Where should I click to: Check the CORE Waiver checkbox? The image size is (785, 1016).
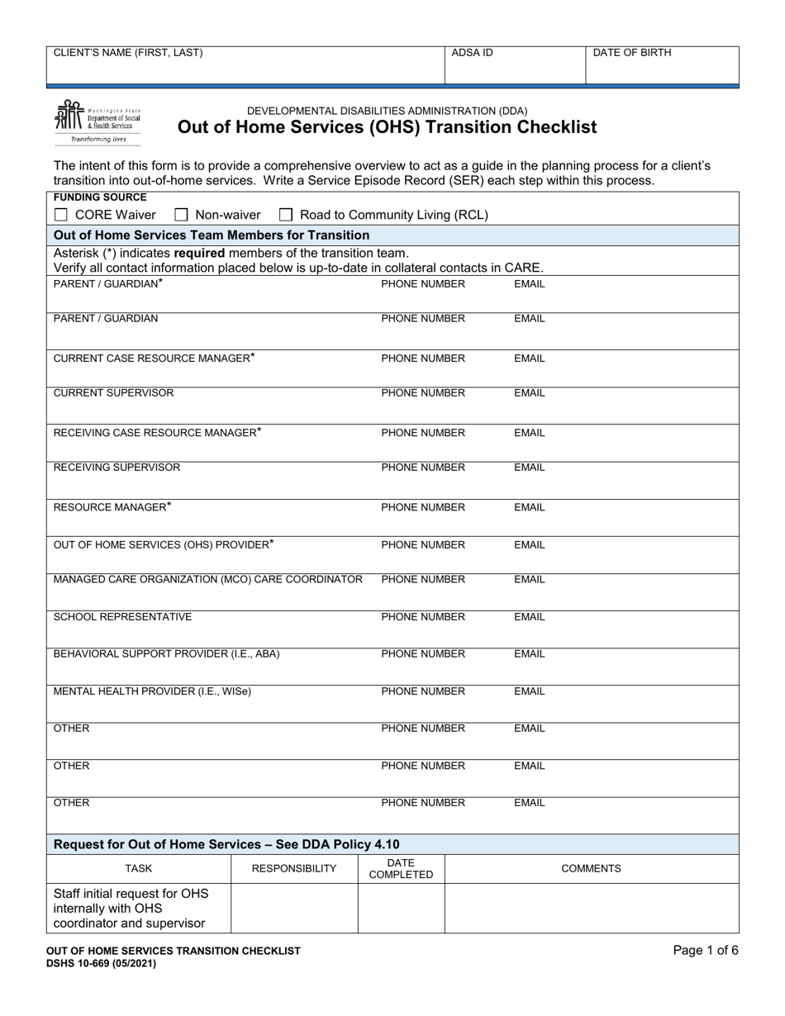point(60,216)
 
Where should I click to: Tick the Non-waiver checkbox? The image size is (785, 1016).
point(181,216)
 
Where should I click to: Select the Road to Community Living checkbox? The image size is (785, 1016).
point(286,216)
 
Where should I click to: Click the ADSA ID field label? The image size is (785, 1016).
point(472,53)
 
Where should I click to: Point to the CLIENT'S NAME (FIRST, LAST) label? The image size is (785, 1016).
point(127,53)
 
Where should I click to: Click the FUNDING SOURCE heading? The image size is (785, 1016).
point(100,197)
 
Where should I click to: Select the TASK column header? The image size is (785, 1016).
point(138,869)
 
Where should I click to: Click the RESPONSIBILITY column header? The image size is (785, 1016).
point(294,869)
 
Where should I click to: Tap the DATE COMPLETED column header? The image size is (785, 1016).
point(401,869)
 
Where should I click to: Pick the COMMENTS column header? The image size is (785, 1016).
point(591,869)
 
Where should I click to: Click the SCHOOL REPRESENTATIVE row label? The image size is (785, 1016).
point(122,617)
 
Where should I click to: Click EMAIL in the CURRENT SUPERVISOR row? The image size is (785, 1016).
point(530,393)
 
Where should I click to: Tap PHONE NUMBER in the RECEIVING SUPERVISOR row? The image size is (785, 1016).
point(423,468)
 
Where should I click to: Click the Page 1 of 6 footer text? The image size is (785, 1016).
point(706,951)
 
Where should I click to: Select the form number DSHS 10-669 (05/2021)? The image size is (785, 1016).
point(102,963)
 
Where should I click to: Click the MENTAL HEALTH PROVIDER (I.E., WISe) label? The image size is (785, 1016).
point(152,691)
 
